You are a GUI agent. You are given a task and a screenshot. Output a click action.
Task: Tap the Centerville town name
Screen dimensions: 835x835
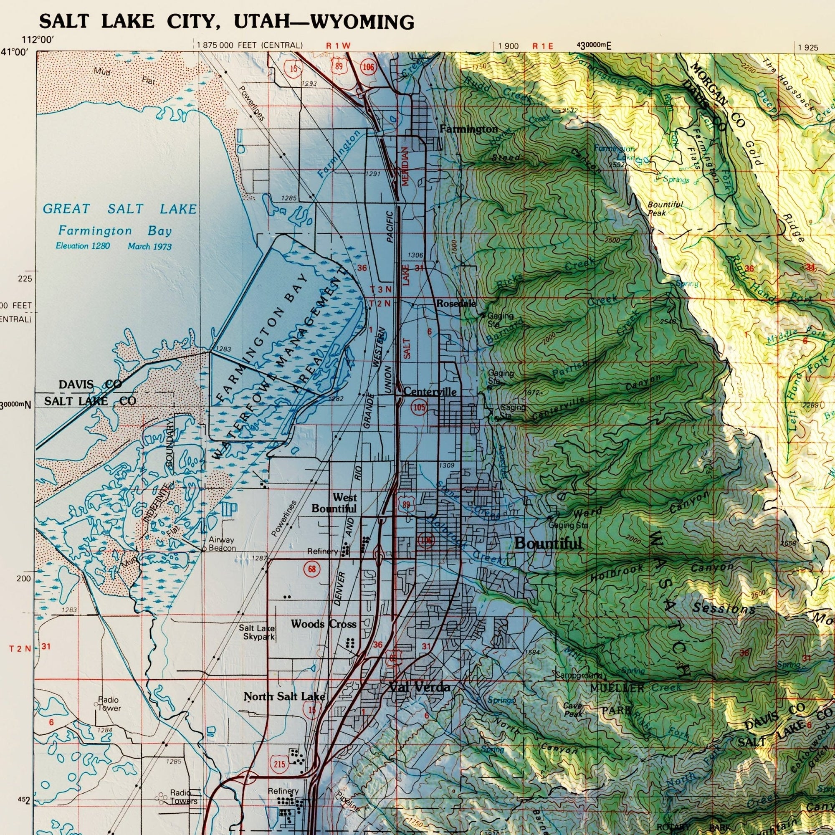coord(430,392)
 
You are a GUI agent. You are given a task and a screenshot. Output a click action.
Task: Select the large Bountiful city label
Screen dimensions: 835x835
coord(548,543)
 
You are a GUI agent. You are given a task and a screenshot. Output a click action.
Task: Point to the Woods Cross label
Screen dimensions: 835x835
coord(324,624)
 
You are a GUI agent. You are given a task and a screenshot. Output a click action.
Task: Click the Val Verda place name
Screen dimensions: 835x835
coord(419,687)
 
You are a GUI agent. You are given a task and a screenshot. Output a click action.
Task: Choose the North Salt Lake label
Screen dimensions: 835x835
coord(284,696)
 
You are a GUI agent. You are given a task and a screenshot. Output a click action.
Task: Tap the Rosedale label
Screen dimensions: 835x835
coord(456,304)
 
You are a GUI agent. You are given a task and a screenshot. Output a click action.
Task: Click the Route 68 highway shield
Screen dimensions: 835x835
coord(311,569)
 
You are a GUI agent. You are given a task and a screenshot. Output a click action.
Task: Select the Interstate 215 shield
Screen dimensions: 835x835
coord(279,764)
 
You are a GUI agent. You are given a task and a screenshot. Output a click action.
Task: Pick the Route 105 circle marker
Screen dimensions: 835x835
coord(419,407)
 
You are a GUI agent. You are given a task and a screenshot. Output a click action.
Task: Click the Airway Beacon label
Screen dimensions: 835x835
coord(222,544)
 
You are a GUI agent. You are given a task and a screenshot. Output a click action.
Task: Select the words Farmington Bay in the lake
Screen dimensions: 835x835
coord(115,231)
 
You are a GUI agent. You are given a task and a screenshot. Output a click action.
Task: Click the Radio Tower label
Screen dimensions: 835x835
coord(109,704)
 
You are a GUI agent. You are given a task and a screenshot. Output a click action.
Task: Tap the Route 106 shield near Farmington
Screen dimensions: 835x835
coord(368,66)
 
